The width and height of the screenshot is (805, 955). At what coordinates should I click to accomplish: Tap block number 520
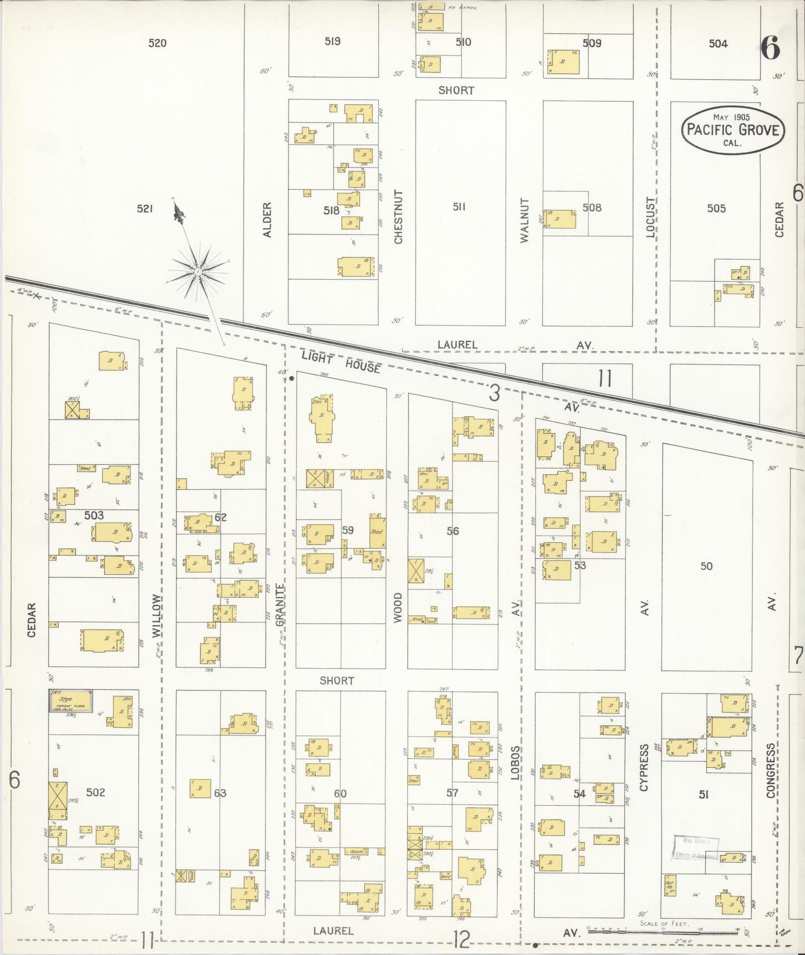(x=157, y=42)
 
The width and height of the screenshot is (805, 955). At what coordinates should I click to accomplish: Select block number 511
(x=458, y=207)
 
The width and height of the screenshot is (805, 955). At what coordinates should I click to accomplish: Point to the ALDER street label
(x=267, y=220)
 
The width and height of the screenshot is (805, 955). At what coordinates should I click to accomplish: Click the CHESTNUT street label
(x=398, y=216)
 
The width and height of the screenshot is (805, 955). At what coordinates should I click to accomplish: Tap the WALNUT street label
(x=524, y=220)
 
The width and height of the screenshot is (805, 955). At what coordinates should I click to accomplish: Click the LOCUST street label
(x=650, y=217)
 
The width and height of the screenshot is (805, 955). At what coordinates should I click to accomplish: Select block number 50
(x=706, y=566)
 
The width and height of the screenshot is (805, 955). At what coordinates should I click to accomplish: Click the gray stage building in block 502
(x=71, y=700)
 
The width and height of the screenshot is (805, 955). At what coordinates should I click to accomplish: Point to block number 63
(x=220, y=792)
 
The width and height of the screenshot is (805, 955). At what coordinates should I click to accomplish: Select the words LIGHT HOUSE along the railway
(x=341, y=361)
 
